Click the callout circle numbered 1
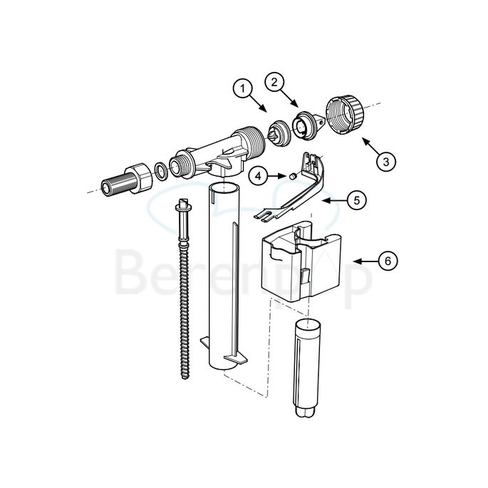click(x=244, y=89)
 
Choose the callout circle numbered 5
click(x=357, y=200)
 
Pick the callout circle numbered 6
click(x=387, y=261)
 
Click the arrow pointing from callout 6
click(x=363, y=261)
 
